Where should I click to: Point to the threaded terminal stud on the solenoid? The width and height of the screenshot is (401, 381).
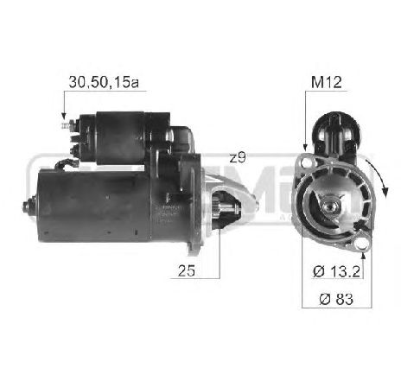pyautogui.click(x=66, y=128)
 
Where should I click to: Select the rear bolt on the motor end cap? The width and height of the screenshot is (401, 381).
pyautogui.click(x=27, y=207)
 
